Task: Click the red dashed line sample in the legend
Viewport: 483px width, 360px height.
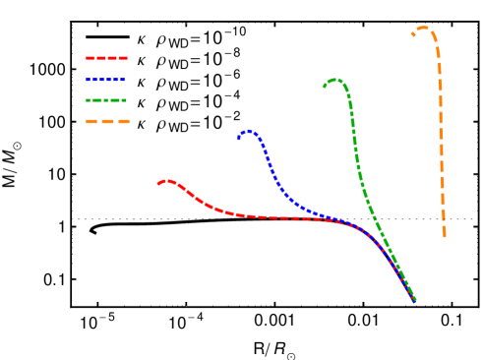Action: coord(106,58)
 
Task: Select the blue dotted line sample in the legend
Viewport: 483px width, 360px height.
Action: coord(106,80)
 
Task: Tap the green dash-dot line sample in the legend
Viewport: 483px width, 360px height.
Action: coord(106,100)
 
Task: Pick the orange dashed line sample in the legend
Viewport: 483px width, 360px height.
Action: coord(106,122)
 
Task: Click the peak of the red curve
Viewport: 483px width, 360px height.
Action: coord(167,180)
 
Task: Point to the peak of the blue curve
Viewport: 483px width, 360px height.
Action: coord(249,130)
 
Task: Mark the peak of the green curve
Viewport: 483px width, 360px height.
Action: coord(335,79)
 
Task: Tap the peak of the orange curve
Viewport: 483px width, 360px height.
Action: coord(423,28)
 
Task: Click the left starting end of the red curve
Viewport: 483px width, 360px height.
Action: coord(158,183)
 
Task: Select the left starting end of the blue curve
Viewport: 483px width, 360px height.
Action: coord(239,139)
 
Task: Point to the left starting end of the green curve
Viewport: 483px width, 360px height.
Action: coord(324,87)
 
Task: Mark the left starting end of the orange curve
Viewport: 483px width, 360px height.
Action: coord(412,35)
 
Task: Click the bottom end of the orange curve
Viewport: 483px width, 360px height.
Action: coord(444,236)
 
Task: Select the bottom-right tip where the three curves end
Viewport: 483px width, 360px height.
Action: coord(415,300)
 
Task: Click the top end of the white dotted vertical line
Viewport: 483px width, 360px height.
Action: coord(186,23)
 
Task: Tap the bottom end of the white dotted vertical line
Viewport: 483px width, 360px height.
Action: coord(186,306)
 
